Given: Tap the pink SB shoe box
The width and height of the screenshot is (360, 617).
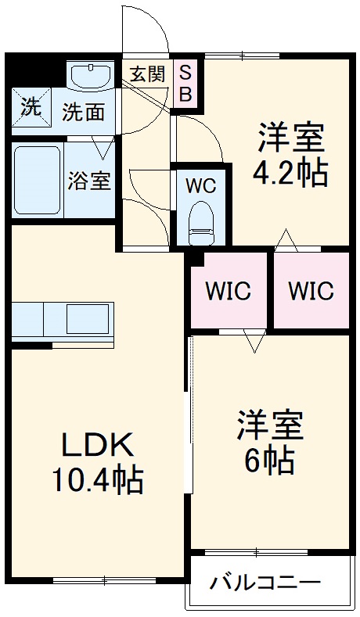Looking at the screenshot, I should coord(185,83).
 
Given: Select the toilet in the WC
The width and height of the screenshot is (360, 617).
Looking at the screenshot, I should coord(201,221).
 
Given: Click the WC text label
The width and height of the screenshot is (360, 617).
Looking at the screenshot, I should coord(200,186).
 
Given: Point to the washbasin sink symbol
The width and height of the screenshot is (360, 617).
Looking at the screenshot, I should coord(92,77).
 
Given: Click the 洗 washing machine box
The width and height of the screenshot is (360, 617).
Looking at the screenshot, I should coord(31,107).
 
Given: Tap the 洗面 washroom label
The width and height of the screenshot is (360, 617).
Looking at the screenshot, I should coord(83,112).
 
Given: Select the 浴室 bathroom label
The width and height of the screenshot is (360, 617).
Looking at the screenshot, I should coord(88,180).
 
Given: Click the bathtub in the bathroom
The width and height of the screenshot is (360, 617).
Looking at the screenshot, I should coord(38,180).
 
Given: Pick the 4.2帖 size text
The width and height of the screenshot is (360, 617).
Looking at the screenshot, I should coord(289,173).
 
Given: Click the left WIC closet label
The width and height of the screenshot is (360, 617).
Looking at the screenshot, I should coord(228,290).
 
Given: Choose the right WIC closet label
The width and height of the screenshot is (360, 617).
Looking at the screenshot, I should coord(311,290).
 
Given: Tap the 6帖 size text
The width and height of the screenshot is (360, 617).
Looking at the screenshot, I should coord(270,461).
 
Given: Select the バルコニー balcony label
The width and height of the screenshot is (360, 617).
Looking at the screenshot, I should coord(265,583).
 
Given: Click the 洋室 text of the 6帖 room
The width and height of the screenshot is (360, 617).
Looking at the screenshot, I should coord(270,427).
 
